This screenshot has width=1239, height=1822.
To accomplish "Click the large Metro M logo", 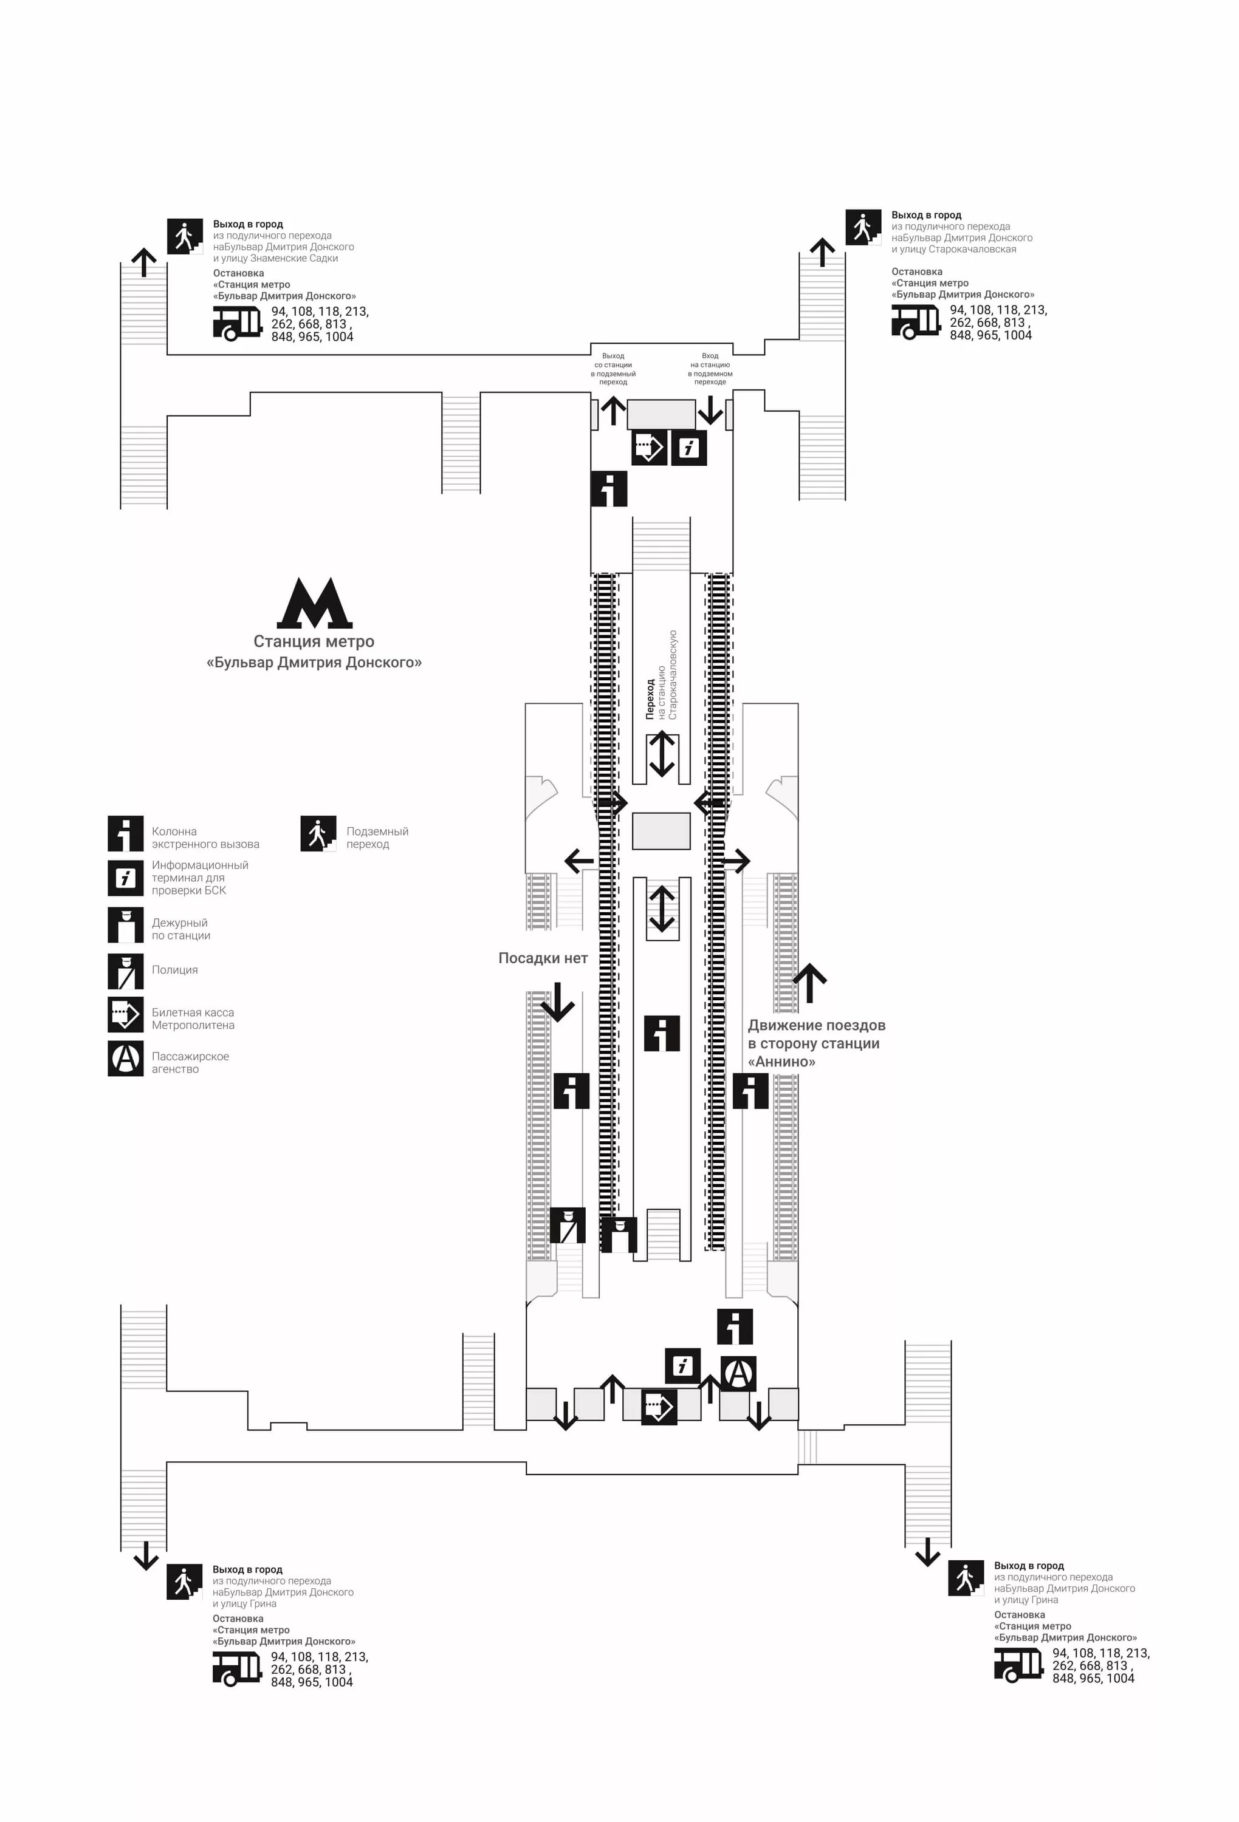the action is [x=314, y=603].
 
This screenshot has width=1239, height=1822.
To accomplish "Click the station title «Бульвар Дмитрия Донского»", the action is [x=314, y=663].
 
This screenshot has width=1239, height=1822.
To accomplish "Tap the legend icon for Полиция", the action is [x=125, y=971].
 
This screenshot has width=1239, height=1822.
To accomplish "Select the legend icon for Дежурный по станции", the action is [x=125, y=925].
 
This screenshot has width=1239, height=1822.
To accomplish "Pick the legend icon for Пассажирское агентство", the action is [x=125, y=1059].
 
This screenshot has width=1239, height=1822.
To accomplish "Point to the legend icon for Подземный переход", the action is [x=318, y=833].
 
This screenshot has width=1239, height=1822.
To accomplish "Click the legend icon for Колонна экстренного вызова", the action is [x=125, y=833].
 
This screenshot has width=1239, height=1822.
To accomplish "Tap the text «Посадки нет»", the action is [x=543, y=958].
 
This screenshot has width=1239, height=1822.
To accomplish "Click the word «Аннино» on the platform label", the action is [x=782, y=1062].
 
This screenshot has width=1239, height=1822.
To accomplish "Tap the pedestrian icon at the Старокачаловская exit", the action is [x=863, y=227].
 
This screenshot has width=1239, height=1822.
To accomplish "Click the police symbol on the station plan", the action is [x=568, y=1226].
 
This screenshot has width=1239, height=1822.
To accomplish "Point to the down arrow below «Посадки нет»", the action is [x=558, y=1002].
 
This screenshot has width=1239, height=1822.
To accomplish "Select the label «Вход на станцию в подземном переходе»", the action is [x=710, y=369].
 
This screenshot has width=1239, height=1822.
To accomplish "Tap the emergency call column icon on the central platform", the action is [x=662, y=1032].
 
